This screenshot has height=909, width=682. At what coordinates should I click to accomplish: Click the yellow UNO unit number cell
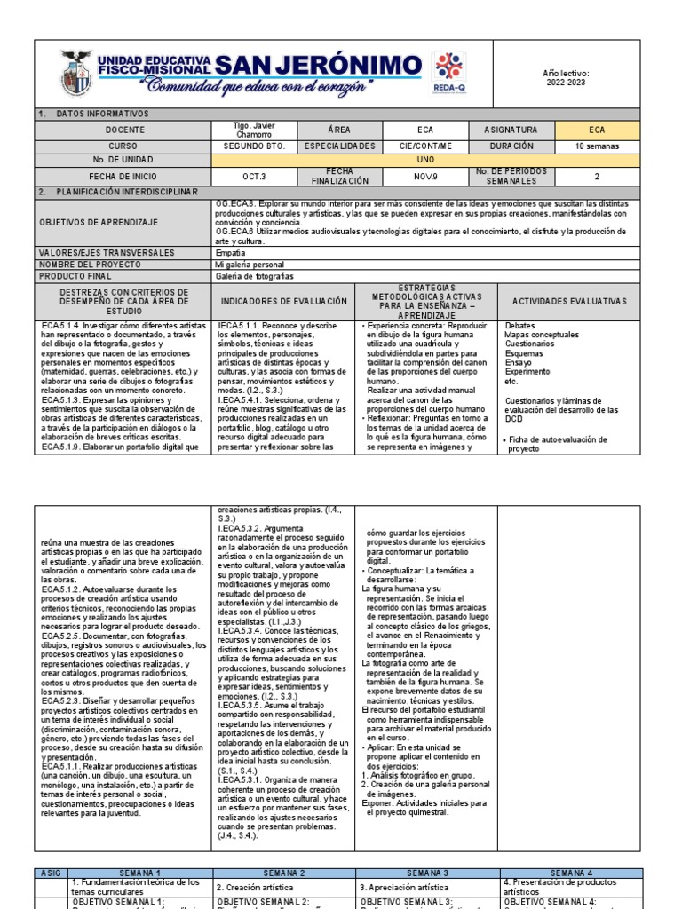(425, 161)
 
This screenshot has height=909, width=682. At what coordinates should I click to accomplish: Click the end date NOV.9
(425, 176)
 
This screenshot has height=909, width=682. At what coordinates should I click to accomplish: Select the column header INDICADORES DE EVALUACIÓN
(284, 302)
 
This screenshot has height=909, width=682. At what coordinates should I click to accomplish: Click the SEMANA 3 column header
(426, 873)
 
